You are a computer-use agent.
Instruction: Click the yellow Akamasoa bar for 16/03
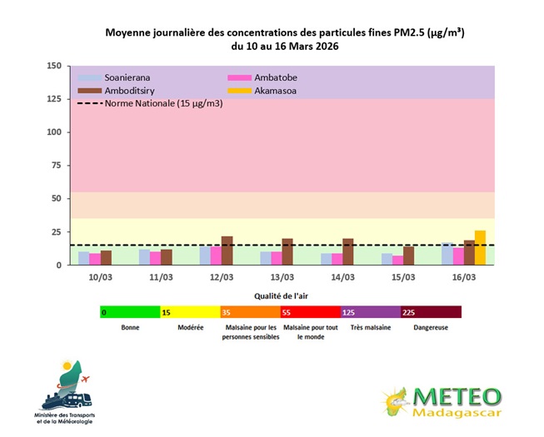tap(480, 248)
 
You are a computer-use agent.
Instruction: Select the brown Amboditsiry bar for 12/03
tap(227, 251)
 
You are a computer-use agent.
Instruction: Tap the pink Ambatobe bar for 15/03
tap(397, 260)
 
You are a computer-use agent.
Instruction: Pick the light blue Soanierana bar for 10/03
tap(83, 258)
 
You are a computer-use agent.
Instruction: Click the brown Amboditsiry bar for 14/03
tap(348, 251)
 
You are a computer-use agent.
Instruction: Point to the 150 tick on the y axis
tap(54, 66)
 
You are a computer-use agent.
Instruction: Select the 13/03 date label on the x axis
tap(282, 276)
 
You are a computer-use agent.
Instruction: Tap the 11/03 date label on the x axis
tap(161, 276)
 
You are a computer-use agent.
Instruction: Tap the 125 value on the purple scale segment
tap(350, 312)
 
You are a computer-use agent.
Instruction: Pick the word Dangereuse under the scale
tap(432, 328)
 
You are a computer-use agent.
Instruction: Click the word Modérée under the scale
tap(190, 328)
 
